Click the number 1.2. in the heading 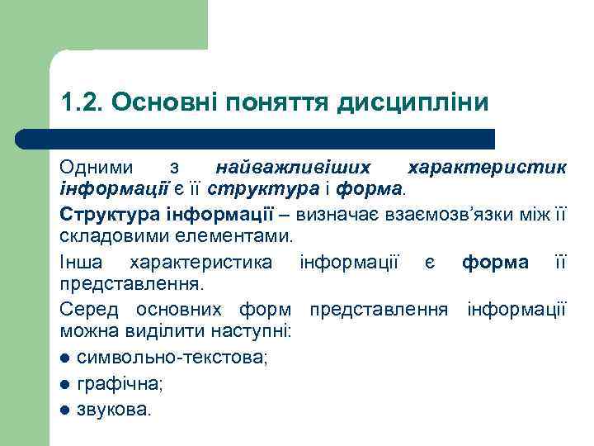(80, 102)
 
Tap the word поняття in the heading (284, 102)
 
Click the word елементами (238, 238)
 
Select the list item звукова (114, 408)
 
